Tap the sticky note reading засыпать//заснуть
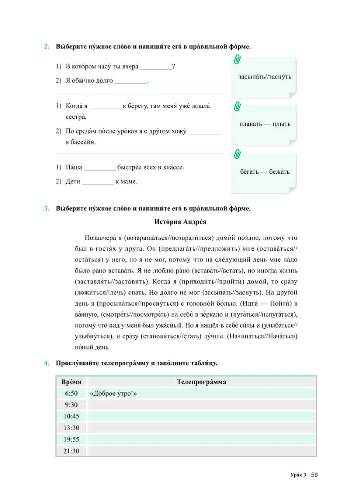[x=265, y=77]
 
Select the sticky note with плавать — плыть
[x=265, y=124]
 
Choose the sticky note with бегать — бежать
[x=265, y=171]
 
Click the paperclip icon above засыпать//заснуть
[x=237, y=60]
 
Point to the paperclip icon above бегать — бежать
[x=237, y=154]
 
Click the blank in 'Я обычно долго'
[x=131, y=82]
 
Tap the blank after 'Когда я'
[x=105, y=107]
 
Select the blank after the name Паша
[x=100, y=167]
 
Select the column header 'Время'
[x=71, y=382]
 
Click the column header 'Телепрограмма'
[x=201, y=382]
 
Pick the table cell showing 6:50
[x=71, y=393]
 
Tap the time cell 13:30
[x=71, y=428]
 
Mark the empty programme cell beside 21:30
[x=201, y=451]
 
